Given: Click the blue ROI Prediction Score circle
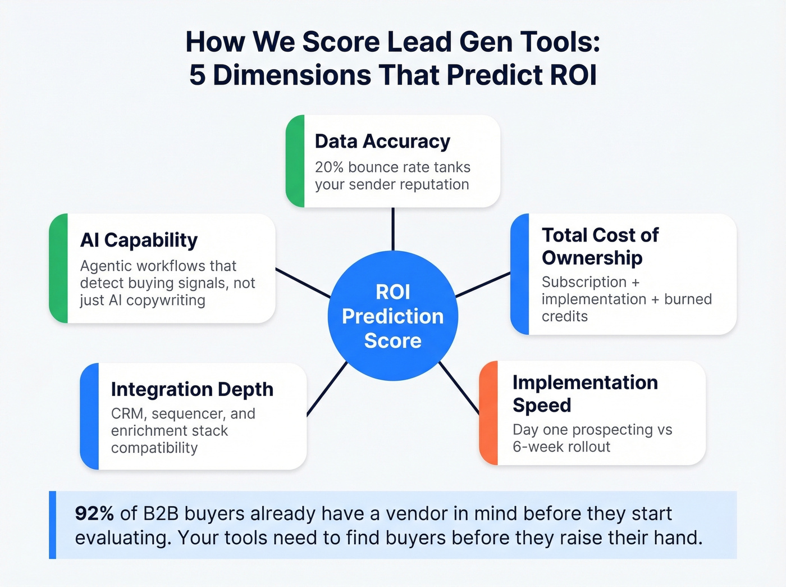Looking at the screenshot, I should (x=393, y=316).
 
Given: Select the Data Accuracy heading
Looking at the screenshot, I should (x=382, y=142).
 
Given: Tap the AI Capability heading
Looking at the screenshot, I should (x=139, y=240).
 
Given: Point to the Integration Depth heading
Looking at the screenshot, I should (x=192, y=389).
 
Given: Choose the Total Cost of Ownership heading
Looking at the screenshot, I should (x=600, y=246).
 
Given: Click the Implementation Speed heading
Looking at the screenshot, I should (x=584, y=393).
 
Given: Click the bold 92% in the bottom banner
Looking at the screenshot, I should (x=94, y=513).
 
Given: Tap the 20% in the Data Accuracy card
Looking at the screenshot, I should (x=329, y=167).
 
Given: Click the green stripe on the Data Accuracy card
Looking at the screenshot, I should (x=295, y=161).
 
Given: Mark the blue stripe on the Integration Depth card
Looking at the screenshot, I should (x=90, y=416).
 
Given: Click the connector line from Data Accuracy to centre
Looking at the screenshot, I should (x=393, y=229).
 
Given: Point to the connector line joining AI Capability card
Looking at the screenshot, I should (x=302, y=283).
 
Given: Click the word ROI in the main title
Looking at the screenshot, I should (x=573, y=75).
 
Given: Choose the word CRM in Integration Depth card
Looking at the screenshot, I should (x=128, y=414).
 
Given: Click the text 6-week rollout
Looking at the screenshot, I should (x=561, y=447).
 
